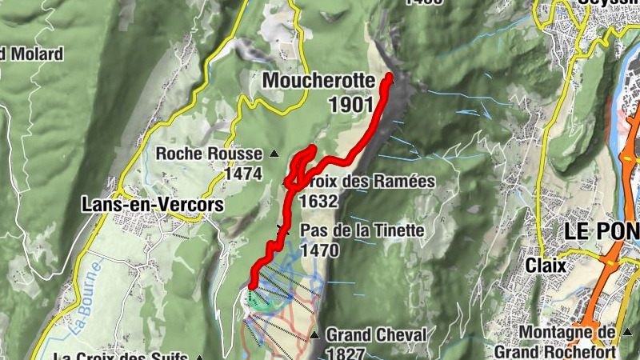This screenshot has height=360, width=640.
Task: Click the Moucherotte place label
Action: (318, 81)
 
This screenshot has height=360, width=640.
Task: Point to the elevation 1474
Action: (243, 173)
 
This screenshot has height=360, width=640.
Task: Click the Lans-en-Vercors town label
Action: (152, 205)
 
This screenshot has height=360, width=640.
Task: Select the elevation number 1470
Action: (321, 250)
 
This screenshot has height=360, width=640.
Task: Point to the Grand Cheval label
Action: (376, 334)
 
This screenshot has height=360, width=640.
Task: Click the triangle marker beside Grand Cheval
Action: (315, 335)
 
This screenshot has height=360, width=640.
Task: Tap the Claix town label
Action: (546, 264)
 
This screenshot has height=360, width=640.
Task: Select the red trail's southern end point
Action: (252, 286)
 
